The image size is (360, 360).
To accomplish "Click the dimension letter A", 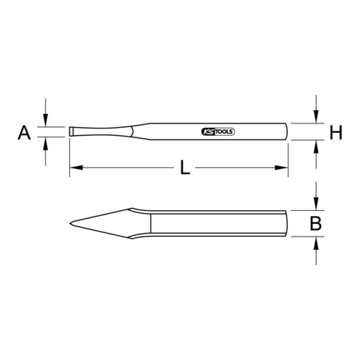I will pyautogui.click(x=24, y=132).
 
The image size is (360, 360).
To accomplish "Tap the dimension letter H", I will pyautogui.click(x=336, y=132).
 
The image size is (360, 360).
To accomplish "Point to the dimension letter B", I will pyautogui.click(x=315, y=224).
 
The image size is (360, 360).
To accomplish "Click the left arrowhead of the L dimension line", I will pyautogui.click(x=73, y=169).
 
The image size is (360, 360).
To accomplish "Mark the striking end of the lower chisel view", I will pyautogui.click(x=287, y=223).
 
